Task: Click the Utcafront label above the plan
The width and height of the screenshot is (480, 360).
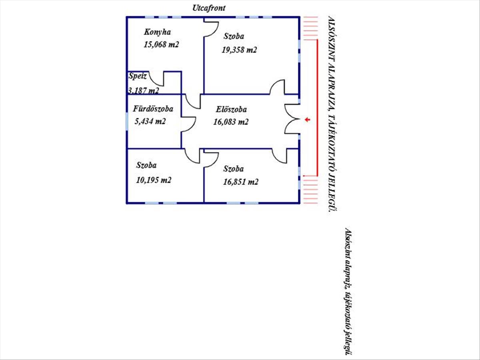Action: click(x=209, y=8)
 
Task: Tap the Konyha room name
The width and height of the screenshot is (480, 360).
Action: click(x=157, y=32)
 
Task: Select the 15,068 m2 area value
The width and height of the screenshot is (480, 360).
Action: click(x=161, y=44)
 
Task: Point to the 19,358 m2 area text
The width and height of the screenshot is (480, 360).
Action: click(x=239, y=50)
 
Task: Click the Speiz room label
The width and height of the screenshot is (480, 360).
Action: click(x=137, y=76)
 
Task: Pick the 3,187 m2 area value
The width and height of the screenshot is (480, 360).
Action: click(x=144, y=90)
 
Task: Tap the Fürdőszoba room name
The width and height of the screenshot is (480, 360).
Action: click(x=153, y=109)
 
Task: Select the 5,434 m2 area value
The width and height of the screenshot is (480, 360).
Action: click(x=150, y=121)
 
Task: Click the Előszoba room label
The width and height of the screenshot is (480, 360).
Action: click(x=231, y=109)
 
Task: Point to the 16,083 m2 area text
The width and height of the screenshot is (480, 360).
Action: click(x=231, y=122)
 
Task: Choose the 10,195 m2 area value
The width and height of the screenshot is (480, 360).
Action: click(x=154, y=180)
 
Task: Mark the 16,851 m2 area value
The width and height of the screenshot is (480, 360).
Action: click(x=240, y=182)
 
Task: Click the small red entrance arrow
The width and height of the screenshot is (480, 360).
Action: click(x=308, y=120)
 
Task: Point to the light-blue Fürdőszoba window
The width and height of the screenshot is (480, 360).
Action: click(x=127, y=121)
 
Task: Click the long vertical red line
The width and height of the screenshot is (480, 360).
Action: click(x=317, y=108)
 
